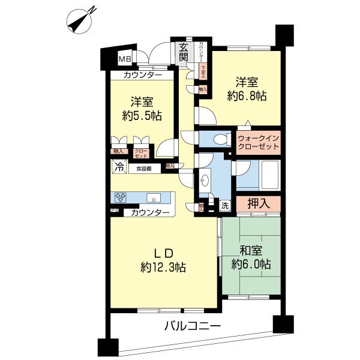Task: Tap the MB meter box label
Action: click(x=124, y=59)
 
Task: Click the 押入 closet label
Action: click(x=257, y=203)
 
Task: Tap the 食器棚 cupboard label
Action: click(x=143, y=169)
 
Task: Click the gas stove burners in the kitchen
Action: click(x=121, y=196)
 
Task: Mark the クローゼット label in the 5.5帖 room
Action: click(x=140, y=153)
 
